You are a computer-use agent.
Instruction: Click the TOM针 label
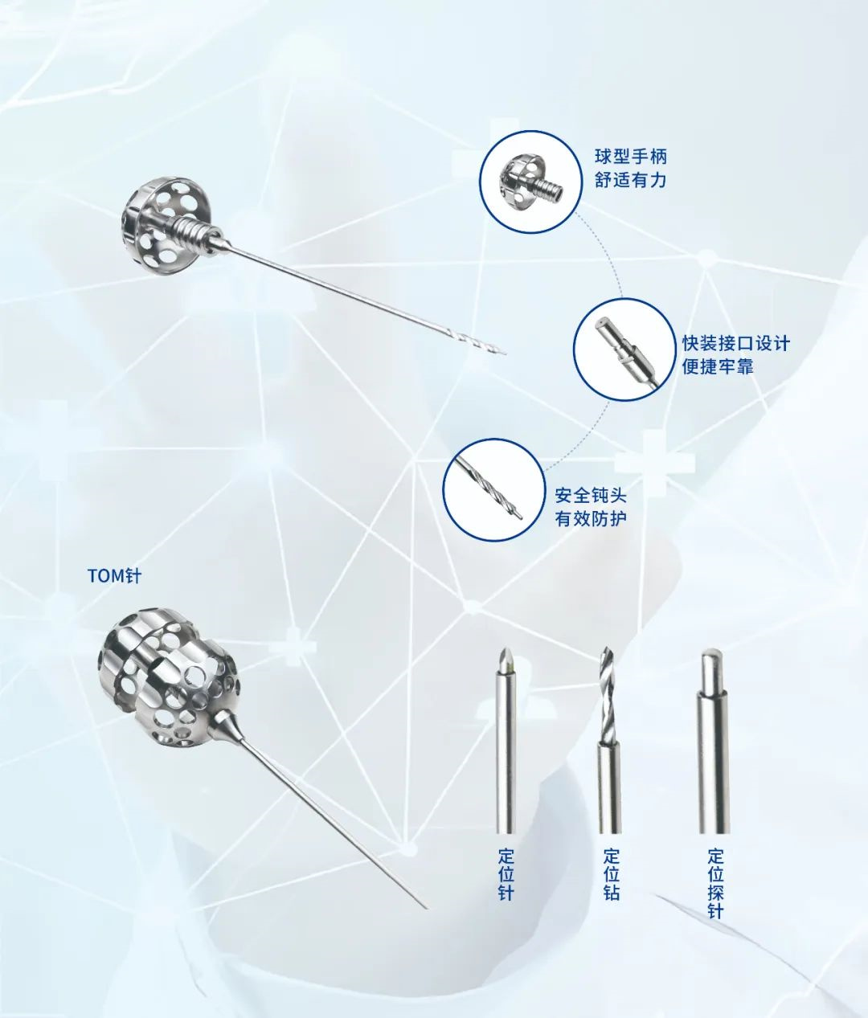[x=114, y=576]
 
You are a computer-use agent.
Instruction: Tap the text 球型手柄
[x=631, y=157]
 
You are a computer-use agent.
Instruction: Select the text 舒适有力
[x=631, y=180]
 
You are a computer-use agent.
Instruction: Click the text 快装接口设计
[x=736, y=343]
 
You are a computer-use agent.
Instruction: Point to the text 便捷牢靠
[x=718, y=366]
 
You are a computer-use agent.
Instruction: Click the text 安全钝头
[x=591, y=495]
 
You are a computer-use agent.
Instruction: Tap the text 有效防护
[x=591, y=518]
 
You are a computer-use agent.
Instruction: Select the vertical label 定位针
[x=506, y=875]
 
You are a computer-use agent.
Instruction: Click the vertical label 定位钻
[x=611, y=875]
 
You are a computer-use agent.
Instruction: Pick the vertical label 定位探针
[x=715, y=884]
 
